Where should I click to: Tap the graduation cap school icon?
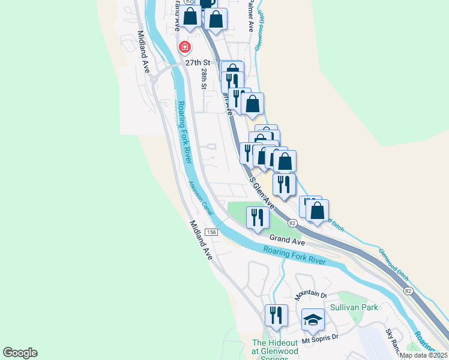click(313, 320)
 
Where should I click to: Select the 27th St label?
click(199, 62)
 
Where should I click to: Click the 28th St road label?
click(205, 79)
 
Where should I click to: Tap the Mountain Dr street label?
click(310, 295)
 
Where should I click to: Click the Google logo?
click(20, 353)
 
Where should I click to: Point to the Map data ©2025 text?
click(423, 355)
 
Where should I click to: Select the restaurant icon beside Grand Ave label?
click(258, 217)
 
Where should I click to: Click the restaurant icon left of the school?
click(276, 315)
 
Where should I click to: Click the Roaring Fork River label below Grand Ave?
click(294, 256)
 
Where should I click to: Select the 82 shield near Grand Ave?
click(292, 223)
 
